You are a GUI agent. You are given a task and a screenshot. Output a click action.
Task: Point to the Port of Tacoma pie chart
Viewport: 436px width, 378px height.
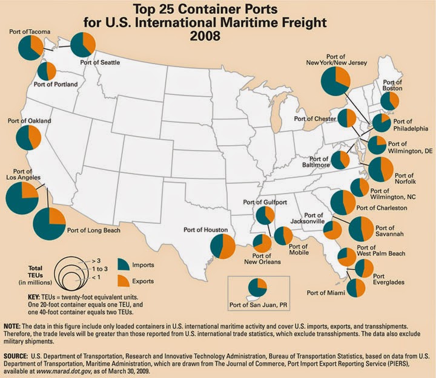pos(30,47)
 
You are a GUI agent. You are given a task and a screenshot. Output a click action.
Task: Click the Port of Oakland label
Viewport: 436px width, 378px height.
pos(29,121)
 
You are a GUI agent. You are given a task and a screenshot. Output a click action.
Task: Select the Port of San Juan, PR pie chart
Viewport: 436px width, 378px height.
pos(257,289)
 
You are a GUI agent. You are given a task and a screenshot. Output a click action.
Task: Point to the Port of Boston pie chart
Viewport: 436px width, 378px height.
pos(389,101)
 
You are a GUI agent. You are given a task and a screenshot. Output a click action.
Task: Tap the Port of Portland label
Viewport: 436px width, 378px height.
pos(56,85)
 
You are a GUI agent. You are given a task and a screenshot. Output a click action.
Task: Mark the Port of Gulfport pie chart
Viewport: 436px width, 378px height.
pos(265,215)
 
